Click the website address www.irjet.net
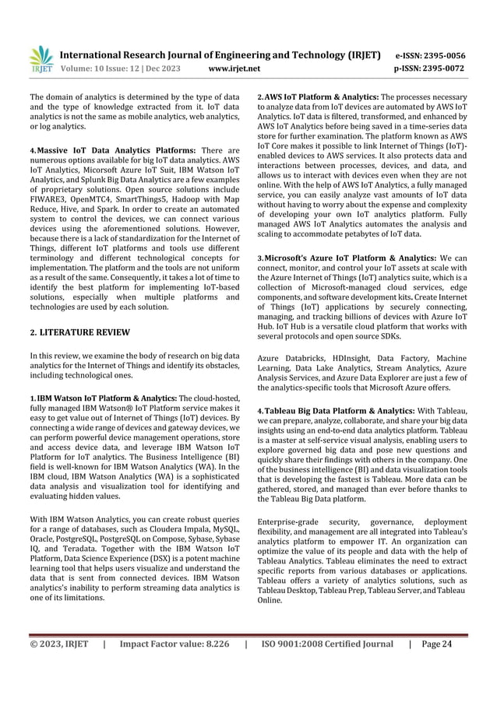click(x=234, y=69)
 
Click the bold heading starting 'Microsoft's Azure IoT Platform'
click(x=351, y=258)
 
